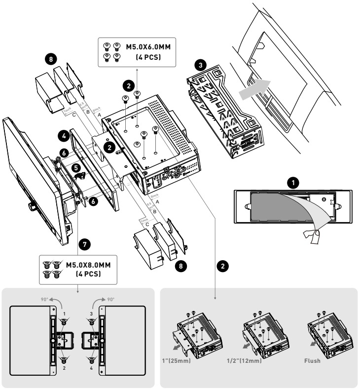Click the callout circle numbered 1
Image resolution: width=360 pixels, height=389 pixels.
tap(293, 184)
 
